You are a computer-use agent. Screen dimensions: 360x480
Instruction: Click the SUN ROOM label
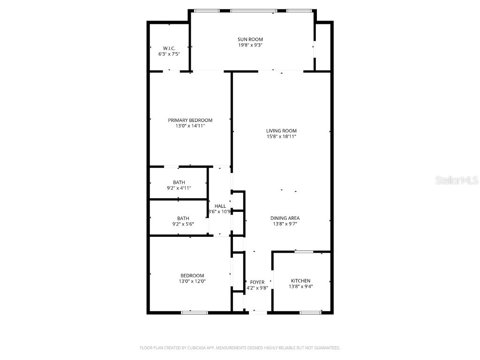coord(250,39)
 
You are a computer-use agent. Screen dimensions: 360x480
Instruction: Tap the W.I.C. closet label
coord(169,48)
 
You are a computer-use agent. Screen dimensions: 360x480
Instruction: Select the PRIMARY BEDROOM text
coord(190,120)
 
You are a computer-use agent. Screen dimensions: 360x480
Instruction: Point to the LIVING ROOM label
coord(281,131)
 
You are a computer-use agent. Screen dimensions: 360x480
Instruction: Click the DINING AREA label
coord(285,218)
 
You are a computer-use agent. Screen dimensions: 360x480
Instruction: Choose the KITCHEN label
coord(300,281)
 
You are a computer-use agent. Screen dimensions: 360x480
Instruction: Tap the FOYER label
coord(257,282)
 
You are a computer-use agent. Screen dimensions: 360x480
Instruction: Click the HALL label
coord(220,206)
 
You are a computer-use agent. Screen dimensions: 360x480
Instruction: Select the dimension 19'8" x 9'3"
coord(250,45)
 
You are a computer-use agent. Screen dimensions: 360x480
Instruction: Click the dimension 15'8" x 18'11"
coord(281,136)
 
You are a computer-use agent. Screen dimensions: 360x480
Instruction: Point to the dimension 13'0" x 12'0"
coord(192,281)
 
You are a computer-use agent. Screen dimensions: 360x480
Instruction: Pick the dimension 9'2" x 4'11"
coord(179,188)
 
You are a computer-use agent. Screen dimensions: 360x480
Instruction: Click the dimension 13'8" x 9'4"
coord(300,286)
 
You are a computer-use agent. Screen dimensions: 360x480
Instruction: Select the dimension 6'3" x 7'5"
coord(169,54)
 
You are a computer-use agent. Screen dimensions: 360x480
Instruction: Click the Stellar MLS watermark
coord(457,180)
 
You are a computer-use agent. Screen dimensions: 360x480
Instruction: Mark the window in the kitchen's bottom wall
coord(310,312)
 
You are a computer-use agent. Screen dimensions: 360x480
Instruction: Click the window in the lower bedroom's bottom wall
coord(194,312)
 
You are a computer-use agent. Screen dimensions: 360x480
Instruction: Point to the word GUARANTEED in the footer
coord(326,348)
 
